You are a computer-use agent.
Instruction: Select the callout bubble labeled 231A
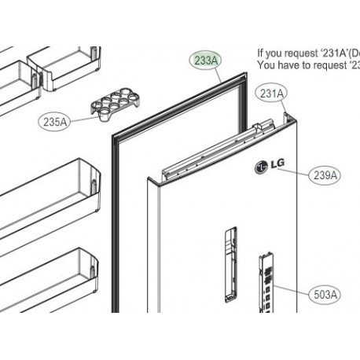click(271, 94)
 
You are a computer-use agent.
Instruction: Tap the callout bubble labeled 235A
click(54, 121)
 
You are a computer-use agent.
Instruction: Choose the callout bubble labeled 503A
click(325, 295)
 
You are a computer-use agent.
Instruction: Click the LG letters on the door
click(276, 165)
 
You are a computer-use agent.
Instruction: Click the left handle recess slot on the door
click(230, 263)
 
